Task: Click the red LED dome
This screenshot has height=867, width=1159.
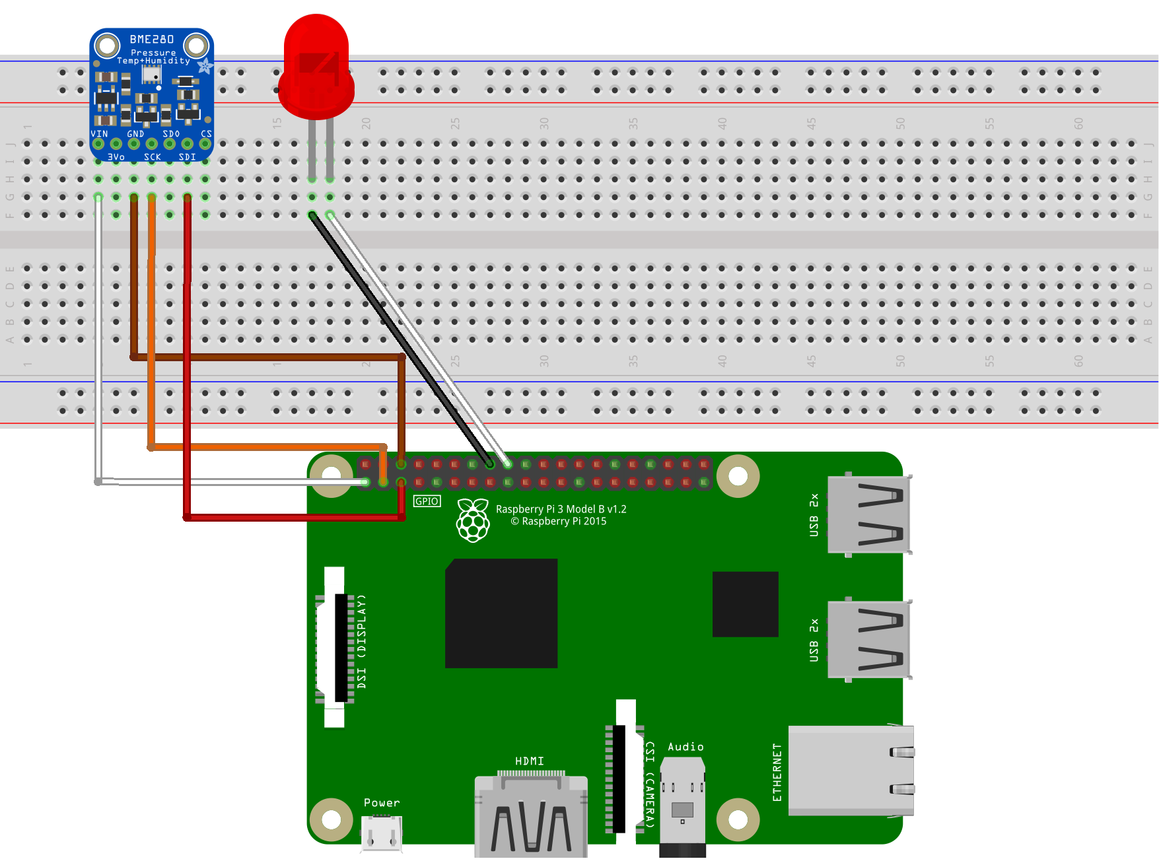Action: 316,66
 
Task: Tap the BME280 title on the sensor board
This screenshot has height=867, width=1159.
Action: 152,40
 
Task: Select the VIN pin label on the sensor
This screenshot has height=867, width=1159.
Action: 99,134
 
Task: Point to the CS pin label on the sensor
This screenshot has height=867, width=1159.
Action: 207,134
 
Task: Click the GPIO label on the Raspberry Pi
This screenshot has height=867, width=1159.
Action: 427,501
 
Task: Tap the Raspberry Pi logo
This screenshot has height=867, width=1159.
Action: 473,521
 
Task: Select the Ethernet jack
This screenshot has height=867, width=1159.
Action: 851,770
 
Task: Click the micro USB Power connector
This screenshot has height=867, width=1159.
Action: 382,833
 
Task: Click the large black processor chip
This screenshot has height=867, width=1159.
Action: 501,613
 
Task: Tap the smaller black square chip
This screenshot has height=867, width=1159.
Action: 745,604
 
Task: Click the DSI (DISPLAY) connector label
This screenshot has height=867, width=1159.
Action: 361,642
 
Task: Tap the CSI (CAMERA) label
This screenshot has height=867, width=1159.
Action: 650,784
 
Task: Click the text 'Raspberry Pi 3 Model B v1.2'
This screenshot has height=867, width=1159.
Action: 561,509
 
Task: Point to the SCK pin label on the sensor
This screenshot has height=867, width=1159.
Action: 153,157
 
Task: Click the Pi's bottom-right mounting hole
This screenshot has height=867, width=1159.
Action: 738,819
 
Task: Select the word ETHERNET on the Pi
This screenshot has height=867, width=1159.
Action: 777,772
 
